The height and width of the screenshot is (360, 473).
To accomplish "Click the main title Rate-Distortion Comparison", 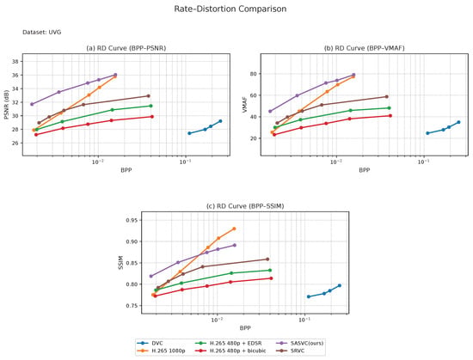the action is point(230,9).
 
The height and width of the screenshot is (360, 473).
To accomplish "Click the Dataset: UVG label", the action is point(41,32).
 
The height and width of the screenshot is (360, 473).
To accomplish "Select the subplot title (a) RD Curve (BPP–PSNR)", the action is point(126,48).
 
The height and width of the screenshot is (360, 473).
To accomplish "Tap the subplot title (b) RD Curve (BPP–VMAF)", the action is point(364,48).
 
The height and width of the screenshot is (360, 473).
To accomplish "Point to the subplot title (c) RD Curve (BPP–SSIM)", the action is point(245,206).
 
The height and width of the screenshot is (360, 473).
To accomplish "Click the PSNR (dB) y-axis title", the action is point(7,105).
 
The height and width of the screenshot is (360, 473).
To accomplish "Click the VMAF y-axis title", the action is point(244,105).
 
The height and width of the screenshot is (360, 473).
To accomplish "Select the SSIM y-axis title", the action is point(121,262).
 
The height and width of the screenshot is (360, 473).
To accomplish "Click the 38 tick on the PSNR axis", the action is point(15,62).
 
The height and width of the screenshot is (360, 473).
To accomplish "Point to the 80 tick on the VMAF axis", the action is point(253,74).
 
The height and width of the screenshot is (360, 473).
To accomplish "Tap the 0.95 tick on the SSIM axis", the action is point(132,220).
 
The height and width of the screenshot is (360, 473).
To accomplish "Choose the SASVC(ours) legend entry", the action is point(299,343).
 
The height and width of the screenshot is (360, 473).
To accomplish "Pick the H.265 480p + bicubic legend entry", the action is point(230,351).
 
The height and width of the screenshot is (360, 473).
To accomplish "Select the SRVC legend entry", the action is point(290,351).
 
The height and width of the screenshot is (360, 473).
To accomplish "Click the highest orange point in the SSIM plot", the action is point(234,229).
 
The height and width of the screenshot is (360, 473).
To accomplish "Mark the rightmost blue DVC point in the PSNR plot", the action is point(220,121).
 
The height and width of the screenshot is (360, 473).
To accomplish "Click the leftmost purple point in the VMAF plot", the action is point(270,111).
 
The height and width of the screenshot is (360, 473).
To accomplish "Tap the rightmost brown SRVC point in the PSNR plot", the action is point(148,95).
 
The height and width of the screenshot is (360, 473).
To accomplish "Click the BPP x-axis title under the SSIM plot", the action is point(245,328).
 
